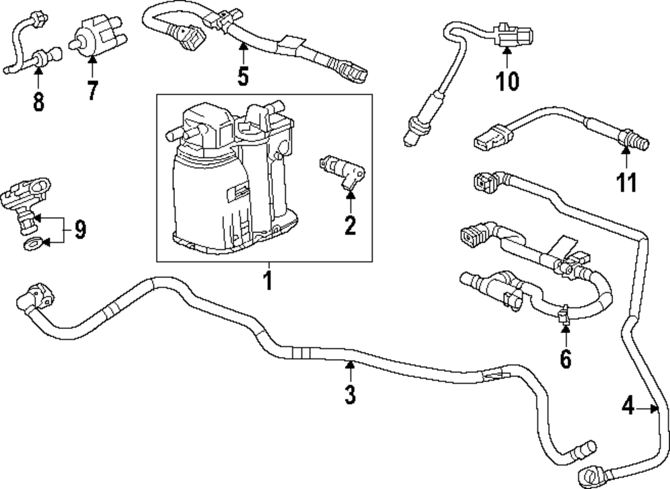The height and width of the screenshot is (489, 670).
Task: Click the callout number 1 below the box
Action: pyautogui.click(x=267, y=279)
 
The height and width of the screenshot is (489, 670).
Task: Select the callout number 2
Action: pyautogui.click(x=350, y=225)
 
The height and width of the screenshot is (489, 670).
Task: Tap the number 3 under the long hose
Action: pyautogui.click(x=349, y=395)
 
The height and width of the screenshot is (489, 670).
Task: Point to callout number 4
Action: pyautogui.click(x=628, y=405)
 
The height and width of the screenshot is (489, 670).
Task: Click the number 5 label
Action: pyautogui.click(x=243, y=76)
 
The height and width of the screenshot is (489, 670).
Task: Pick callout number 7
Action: pyautogui.click(x=92, y=90)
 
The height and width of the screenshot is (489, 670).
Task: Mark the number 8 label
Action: pyautogui.click(x=38, y=101)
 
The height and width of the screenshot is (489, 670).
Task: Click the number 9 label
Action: pyautogui.click(x=80, y=230)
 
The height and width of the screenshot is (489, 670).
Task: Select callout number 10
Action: pyautogui.click(x=507, y=81)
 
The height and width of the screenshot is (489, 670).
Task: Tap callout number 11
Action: pyautogui.click(x=627, y=182)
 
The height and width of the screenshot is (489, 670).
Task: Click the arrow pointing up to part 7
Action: pyautogui.click(x=92, y=67)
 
